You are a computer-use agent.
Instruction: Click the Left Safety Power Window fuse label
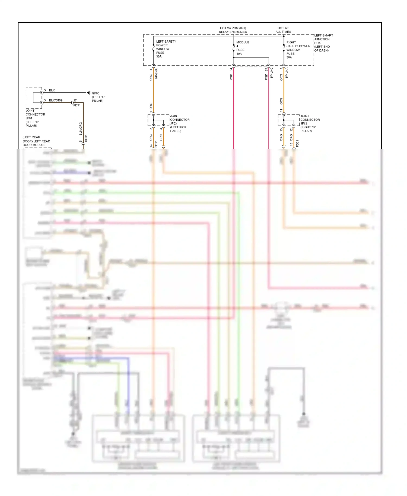[x=166, y=49]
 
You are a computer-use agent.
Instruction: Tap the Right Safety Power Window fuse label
[x=298, y=50]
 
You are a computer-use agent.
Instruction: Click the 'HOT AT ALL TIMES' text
[x=283, y=30]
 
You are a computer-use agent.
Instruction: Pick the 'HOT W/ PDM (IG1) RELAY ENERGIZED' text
[x=233, y=30]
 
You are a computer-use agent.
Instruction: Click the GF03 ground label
[x=98, y=97]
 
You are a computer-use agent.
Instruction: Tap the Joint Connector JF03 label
[x=179, y=123]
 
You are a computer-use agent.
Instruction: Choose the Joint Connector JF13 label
[x=310, y=123]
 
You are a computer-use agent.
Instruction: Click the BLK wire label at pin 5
[x=52, y=90]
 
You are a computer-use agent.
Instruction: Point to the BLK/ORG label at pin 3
[x=56, y=100]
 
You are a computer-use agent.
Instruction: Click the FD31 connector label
[x=77, y=105]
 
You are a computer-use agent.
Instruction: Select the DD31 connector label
[x=86, y=138]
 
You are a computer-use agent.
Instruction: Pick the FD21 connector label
[x=297, y=144]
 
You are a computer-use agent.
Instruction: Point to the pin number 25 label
[x=266, y=70]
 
